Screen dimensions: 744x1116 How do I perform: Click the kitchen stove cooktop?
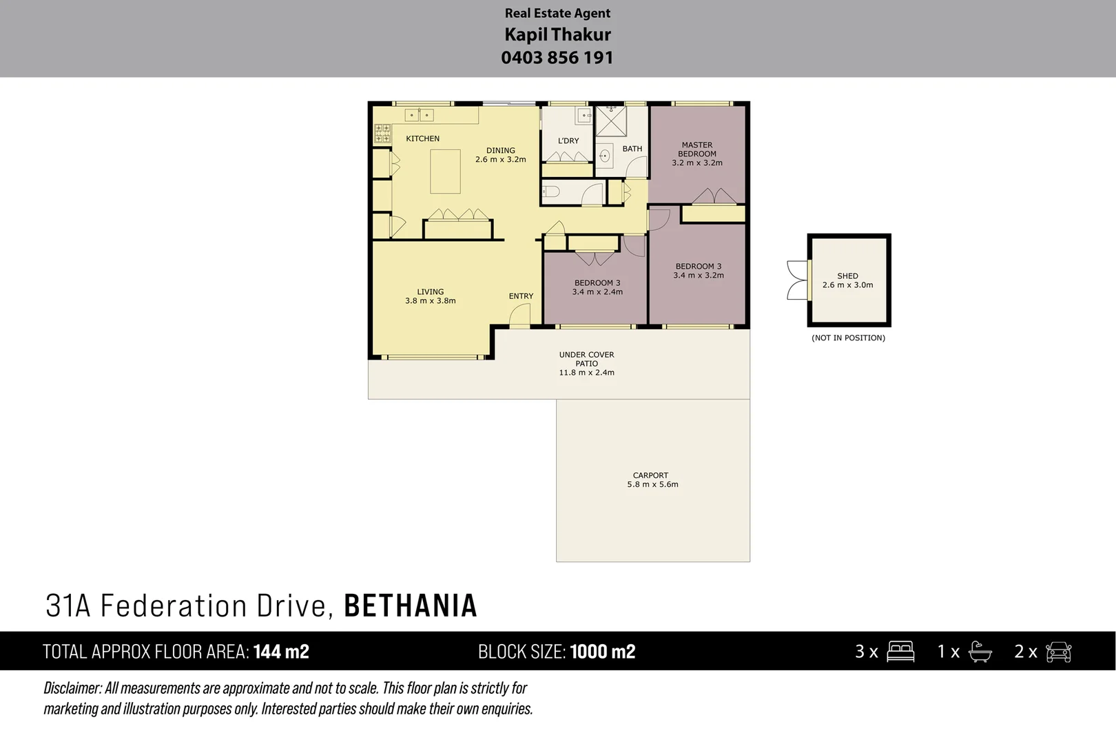click(x=382, y=134)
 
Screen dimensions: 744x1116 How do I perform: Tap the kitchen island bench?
click(x=445, y=172)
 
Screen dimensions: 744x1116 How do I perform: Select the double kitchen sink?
click(x=418, y=115)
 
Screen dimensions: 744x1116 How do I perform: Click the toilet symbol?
click(x=549, y=192)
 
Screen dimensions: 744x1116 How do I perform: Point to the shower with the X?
click(x=610, y=121)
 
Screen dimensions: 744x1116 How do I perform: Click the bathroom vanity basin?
click(x=603, y=156)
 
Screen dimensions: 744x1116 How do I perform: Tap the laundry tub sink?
click(x=583, y=115)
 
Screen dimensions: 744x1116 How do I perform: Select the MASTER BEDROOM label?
click(x=697, y=149)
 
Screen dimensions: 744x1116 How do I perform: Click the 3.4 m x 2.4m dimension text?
click(x=597, y=292)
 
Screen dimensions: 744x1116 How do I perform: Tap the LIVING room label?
click(x=431, y=291)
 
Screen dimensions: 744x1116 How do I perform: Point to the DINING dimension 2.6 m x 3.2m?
click(x=500, y=159)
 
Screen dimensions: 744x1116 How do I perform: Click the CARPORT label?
click(x=650, y=475)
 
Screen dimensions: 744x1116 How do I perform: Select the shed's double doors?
click(x=797, y=280)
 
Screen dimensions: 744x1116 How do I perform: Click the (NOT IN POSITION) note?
click(x=848, y=338)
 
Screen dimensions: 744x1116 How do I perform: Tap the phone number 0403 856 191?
click(x=557, y=58)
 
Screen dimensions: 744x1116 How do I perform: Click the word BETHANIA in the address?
click(x=411, y=606)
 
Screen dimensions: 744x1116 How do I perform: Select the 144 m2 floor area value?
click(x=281, y=652)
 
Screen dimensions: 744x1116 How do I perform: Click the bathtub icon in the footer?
click(x=979, y=652)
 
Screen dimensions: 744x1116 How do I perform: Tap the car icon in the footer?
click(x=1058, y=652)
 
